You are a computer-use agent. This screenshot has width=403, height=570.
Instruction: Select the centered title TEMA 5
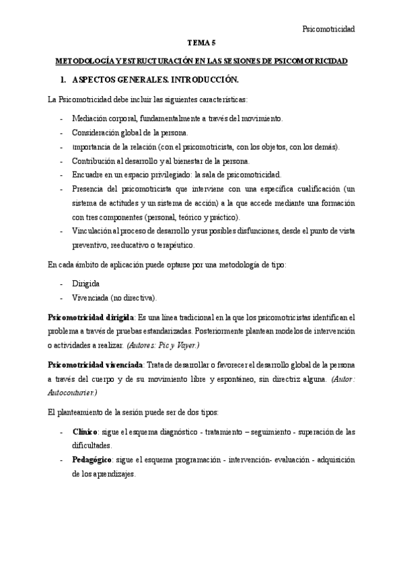tap(201, 42)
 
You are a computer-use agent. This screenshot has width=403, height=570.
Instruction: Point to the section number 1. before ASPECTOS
tap(65, 80)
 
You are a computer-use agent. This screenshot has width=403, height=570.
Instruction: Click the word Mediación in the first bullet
tap(88, 118)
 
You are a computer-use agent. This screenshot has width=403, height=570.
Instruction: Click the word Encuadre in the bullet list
tap(88, 175)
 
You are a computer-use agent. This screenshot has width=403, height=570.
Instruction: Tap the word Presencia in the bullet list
tap(89, 189)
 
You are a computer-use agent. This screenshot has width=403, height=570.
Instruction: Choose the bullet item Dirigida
tap(86, 284)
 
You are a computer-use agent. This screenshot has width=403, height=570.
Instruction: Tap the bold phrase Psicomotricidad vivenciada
tap(95, 364)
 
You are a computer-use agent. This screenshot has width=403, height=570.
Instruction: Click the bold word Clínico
tap(85, 431)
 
